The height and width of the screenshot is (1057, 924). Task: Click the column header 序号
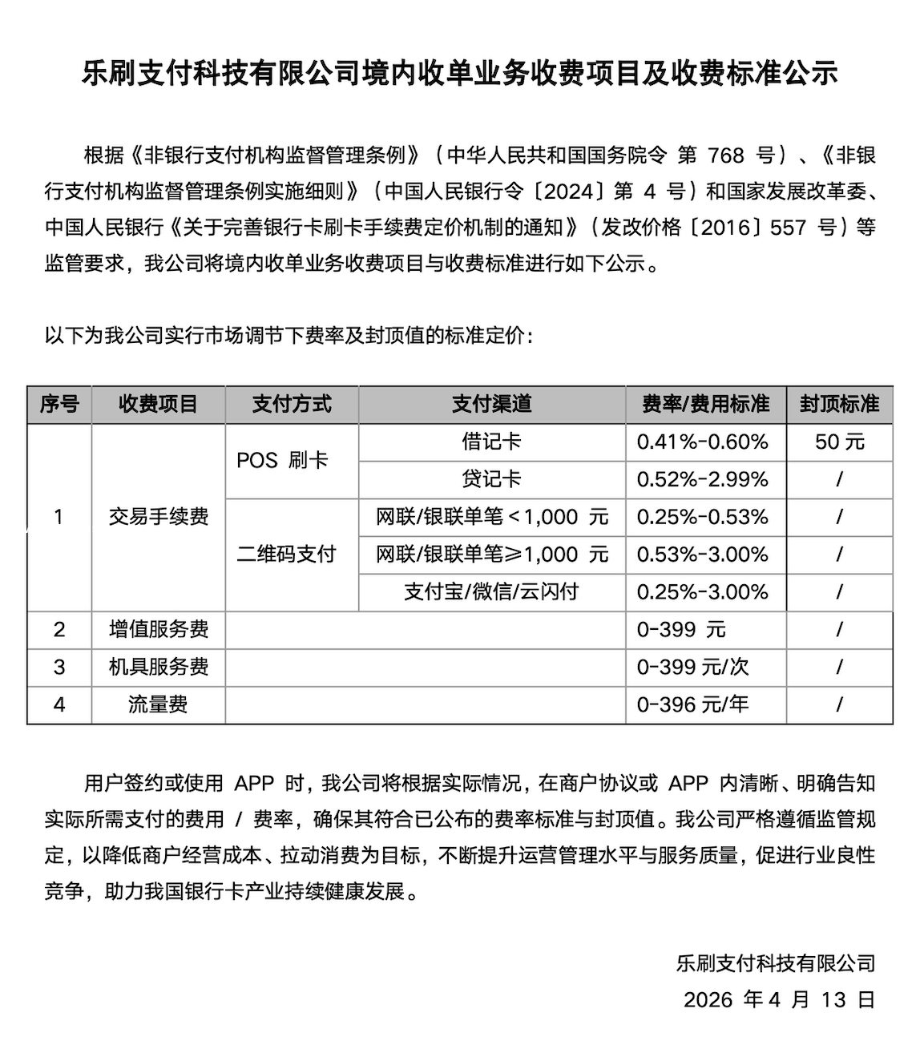point(59,404)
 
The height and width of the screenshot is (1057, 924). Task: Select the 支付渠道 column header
point(491,404)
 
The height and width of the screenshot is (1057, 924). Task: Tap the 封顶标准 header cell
point(839,404)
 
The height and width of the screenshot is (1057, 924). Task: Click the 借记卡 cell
point(491,442)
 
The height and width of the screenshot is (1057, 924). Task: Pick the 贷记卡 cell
point(491,479)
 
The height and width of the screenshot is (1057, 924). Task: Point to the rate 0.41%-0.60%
point(702,442)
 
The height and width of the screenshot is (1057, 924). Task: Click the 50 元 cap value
point(839,442)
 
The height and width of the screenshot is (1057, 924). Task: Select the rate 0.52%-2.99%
point(702,479)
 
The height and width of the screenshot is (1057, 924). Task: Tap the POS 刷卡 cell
point(282,461)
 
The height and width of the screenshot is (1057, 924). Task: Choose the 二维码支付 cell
point(286,555)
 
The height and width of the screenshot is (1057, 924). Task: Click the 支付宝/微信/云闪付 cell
point(491,592)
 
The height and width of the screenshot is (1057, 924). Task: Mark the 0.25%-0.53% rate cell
point(702,517)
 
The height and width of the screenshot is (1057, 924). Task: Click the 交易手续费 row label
point(159,517)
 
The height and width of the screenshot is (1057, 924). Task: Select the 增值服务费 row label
point(159,630)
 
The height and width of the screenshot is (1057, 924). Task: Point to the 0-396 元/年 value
point(692,705)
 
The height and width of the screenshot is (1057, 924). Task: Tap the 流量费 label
point(159,705)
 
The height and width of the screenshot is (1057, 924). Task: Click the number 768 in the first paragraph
point(728,155)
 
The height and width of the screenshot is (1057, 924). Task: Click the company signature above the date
point(775,963)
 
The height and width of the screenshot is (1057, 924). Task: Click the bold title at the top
point(460,74)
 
